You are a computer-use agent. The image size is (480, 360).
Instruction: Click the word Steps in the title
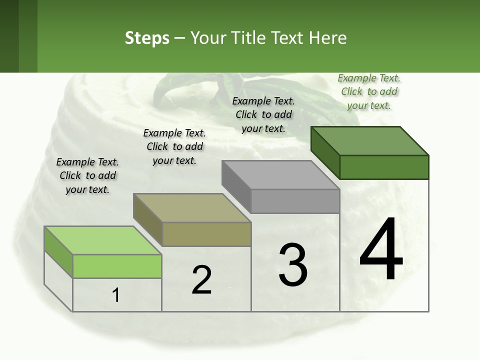pos(147,38)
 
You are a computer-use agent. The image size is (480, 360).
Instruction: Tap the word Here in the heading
pos(327,38)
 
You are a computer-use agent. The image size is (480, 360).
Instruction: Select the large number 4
pos(381,250)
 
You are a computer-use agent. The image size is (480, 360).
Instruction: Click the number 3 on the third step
pos(292,264)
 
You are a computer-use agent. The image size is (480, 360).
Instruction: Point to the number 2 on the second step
pos(201,280)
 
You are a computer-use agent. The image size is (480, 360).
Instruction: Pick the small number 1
pos(116,295)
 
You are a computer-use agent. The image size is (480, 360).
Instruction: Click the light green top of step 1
pos(102,240)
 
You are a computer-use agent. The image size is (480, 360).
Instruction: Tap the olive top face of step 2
pos(192,207)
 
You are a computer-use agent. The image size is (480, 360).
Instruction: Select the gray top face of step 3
pos(280,175)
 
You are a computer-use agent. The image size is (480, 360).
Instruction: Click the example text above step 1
pos(87,175)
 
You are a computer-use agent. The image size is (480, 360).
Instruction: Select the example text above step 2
pos(174,146)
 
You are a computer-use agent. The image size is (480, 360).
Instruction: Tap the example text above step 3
pos(263,114)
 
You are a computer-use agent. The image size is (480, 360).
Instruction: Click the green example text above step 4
pos(369,91)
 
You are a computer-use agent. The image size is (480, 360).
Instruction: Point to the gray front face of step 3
pos(295,201)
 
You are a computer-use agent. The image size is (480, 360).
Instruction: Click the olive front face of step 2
pos(206,234)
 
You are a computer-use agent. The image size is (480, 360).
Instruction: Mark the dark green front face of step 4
pos(384,167)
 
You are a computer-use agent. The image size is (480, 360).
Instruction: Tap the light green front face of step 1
pos(117,266)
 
